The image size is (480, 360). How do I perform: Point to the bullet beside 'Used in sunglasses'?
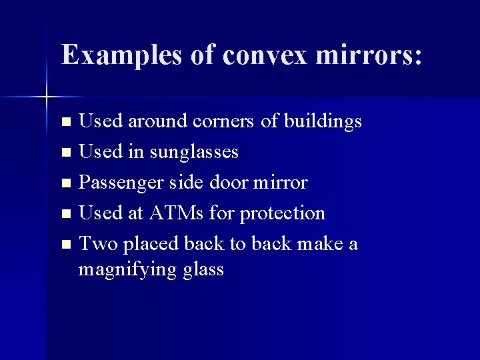65,153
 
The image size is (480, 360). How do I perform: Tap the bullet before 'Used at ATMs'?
65,215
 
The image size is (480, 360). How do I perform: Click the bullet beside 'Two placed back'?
65,245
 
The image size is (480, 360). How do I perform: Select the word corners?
223,122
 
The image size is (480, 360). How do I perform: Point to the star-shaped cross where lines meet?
47,97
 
